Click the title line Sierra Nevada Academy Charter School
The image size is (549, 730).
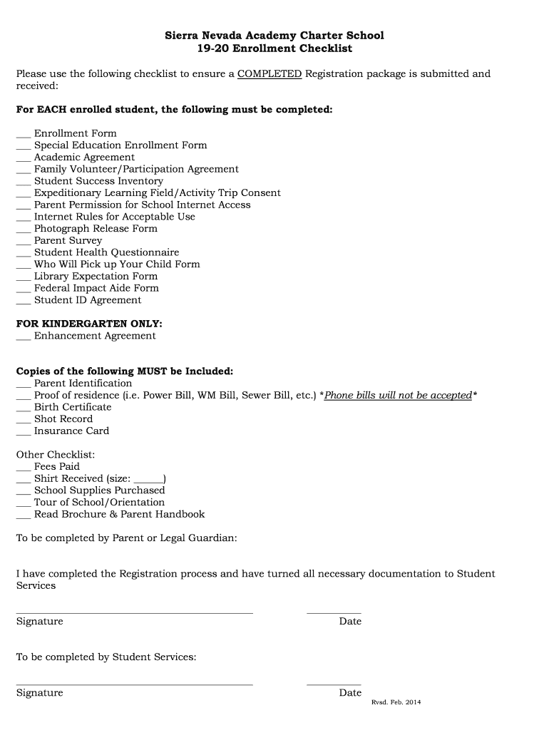point(274,36)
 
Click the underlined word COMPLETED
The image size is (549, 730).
point(270,74)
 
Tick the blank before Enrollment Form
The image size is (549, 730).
point(24,135)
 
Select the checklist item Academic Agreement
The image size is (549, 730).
point(84,158)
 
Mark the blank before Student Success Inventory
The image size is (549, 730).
point(24,183)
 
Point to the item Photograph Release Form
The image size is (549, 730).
point(96,229)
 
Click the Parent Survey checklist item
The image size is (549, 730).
point(68,241)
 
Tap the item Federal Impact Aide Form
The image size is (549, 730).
point(96,289)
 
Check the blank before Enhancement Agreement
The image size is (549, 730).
point(24,338)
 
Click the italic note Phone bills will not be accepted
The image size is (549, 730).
point(398,396)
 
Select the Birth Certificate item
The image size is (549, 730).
point(73,407)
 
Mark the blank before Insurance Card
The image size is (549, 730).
point(24,433)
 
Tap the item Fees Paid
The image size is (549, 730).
point(57,467)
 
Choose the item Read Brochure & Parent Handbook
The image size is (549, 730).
point(119,515)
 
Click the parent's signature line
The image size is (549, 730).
point(134,611)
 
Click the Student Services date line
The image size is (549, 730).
point(334,683)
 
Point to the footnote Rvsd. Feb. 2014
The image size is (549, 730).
point(396,703)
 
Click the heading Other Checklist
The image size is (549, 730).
point(56,455)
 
